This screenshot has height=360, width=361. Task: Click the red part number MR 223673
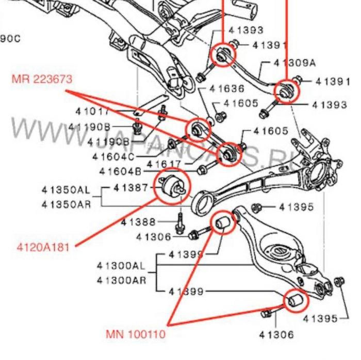coord(42,79)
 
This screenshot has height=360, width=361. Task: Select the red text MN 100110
coord(136,334)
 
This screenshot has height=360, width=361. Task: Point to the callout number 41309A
coord(295,63)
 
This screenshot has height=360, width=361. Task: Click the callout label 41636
coord(227,89)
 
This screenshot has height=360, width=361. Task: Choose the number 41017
coord(92,111)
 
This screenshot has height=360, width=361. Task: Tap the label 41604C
coord(113,156)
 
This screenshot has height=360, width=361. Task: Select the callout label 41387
coord(131,187)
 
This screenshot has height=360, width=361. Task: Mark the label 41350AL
coord(66,190)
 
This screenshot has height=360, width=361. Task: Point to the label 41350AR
coord(66,204)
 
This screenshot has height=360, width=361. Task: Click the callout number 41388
coord(138,222)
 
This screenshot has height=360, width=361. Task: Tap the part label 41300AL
coord(121,266)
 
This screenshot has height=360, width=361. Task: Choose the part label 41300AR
coord(121,280)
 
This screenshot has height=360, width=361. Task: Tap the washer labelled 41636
coord(210,121)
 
